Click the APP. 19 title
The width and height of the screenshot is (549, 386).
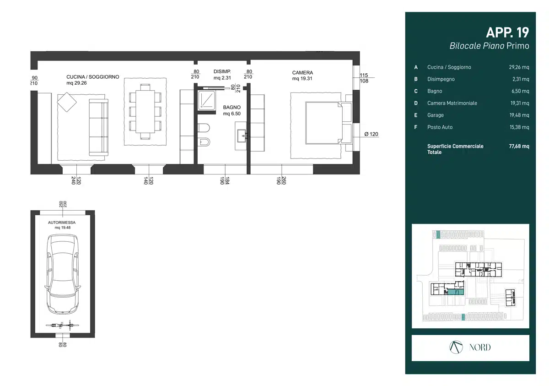point(507,33)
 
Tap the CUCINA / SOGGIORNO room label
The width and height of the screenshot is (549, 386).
point(92,77)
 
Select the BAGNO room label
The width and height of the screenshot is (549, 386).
point(231,108)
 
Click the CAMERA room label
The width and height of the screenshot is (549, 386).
point(302,73)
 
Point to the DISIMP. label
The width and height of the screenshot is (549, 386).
point(222,71)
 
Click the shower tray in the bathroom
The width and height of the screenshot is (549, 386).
point(207,100)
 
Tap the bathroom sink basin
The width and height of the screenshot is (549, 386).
point(242,136)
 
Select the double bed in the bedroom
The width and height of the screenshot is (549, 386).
point(323,123)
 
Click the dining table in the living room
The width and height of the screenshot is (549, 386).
point(145,112)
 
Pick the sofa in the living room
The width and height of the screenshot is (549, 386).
point(98,127)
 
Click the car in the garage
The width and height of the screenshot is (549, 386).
point(63,274)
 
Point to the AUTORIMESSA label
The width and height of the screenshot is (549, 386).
point(62,223)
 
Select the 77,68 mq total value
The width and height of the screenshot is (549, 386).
point(519,146)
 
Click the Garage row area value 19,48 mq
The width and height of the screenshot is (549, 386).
point(519,115)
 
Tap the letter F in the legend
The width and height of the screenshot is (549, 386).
point(416,127)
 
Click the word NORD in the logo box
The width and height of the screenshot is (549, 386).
point(479,347)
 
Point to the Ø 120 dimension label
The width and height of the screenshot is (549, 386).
point(371,134)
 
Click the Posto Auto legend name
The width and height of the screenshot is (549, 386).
point(440,127)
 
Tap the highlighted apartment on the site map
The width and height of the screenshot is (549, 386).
point(456,292)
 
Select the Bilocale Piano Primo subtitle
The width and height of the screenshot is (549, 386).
point(489,46)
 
